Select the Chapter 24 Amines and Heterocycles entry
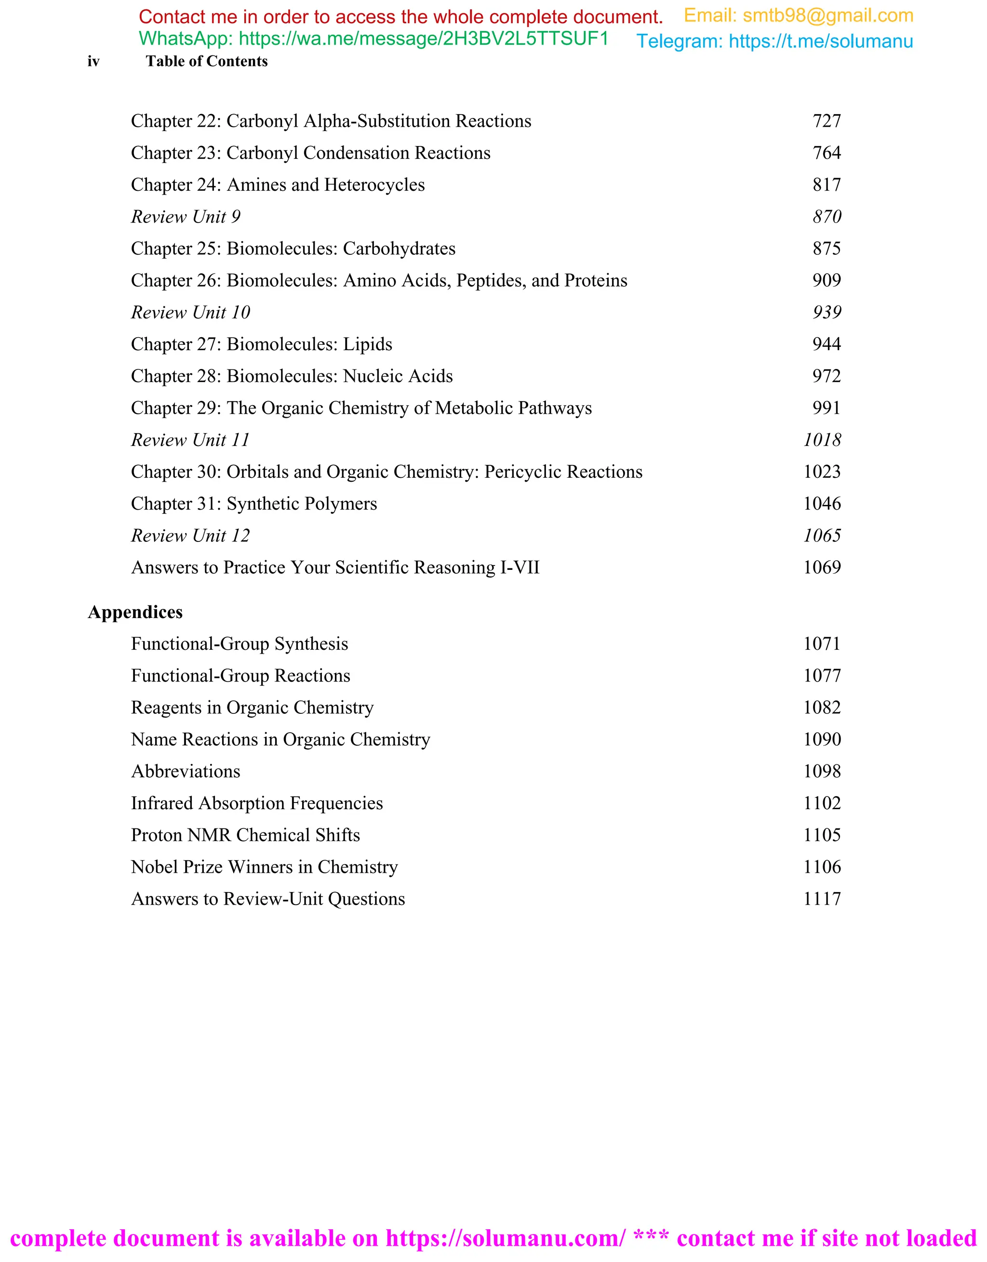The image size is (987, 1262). [x=278, y=185]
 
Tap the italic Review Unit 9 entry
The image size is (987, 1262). [x=186, y=217]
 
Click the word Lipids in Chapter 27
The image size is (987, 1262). [x=368, y=344]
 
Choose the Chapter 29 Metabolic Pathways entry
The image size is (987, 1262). [x=361, y=408]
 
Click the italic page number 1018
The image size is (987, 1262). [x=822, y=440]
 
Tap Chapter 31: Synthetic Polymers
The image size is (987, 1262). [x=254, y=504]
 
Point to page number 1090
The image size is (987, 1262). [x=822, y=740]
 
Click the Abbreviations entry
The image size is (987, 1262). [x=186, y=772]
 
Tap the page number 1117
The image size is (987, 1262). [x=822, y=899]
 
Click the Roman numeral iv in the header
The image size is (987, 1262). [x=93, y=61]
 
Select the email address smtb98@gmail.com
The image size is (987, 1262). [x=827, y=15]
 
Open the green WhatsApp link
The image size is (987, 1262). [x=423, y=39]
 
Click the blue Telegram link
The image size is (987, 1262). [x=820, y=41]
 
